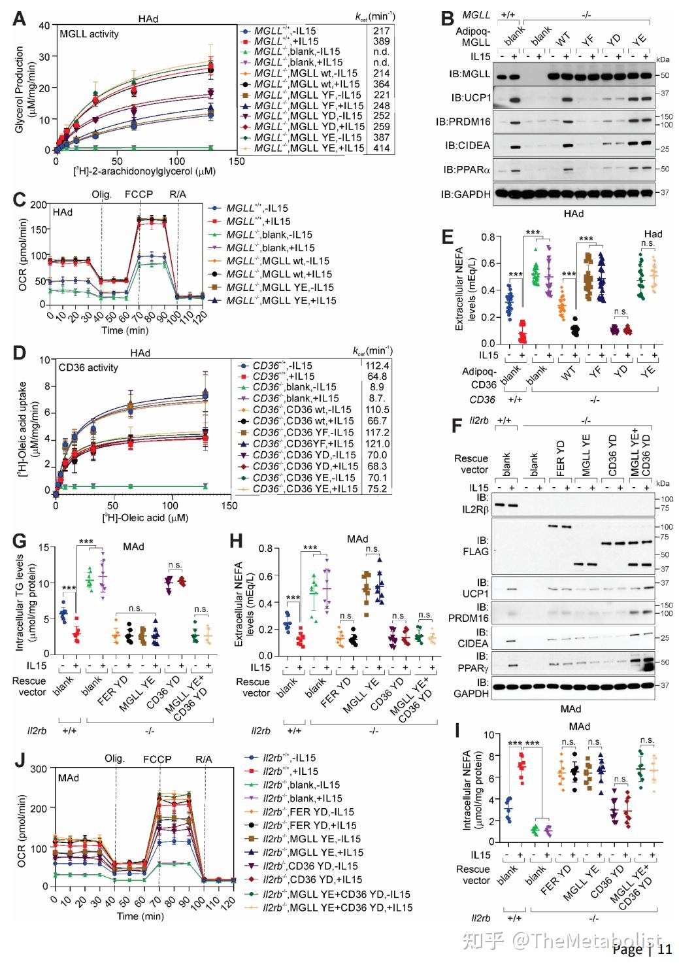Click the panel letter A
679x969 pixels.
(x=20, y=18)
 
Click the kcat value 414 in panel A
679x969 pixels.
(x=381, y=148)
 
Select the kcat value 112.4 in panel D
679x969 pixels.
(x=378, y=365)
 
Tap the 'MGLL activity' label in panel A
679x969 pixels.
(x=89, y=33)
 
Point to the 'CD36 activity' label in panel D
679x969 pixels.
(x=88, y=367)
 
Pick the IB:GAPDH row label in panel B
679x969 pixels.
(x=465, y=194)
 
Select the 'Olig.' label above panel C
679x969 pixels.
(x=101, y=194)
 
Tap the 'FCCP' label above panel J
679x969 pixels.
(x=157, y=759)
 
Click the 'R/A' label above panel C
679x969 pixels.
(x=178, y=194)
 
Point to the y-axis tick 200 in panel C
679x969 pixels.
(x=39, y=205)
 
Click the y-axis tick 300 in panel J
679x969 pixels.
(x=39, y=769)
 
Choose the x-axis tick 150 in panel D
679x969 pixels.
(x=229, y=505)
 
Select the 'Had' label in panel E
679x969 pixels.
(x=653, y=233)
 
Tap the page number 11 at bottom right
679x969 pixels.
(x=665, y=949)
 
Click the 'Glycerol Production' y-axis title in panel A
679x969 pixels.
(x=20, y=90)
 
